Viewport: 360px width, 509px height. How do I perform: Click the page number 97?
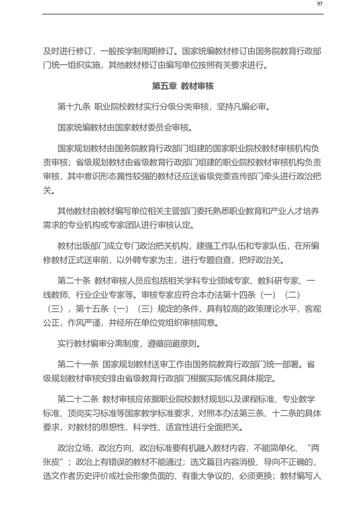tap(319, 4)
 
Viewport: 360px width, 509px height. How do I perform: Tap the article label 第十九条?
tap(74, 107)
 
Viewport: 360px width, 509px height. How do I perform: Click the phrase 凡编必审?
tap(246, 107)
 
